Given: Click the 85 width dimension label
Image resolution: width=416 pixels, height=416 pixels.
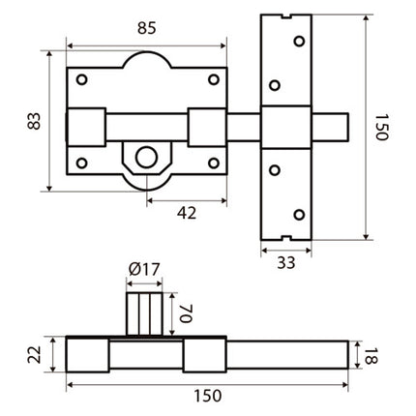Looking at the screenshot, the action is [x=147, y=28].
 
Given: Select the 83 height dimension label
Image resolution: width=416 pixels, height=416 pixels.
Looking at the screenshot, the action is [x=34, y=121].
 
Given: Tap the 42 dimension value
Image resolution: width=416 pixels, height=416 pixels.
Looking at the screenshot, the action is [x=187, y=213].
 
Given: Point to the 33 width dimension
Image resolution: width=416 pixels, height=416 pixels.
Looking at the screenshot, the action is [x=286, y=263].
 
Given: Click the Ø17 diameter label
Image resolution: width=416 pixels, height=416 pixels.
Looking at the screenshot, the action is [x=144, y=270].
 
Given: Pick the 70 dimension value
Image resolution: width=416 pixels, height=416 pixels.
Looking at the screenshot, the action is [x=186, y=313].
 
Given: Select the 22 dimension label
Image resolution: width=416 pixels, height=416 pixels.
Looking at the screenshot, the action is [x=34, y=354].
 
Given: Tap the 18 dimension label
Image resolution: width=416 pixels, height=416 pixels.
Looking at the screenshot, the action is [x=371, y=356].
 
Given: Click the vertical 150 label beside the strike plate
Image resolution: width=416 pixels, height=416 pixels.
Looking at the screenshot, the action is [x=381, y=127].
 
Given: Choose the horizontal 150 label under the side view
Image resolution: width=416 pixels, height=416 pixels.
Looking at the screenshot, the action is [x=208, y=396].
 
